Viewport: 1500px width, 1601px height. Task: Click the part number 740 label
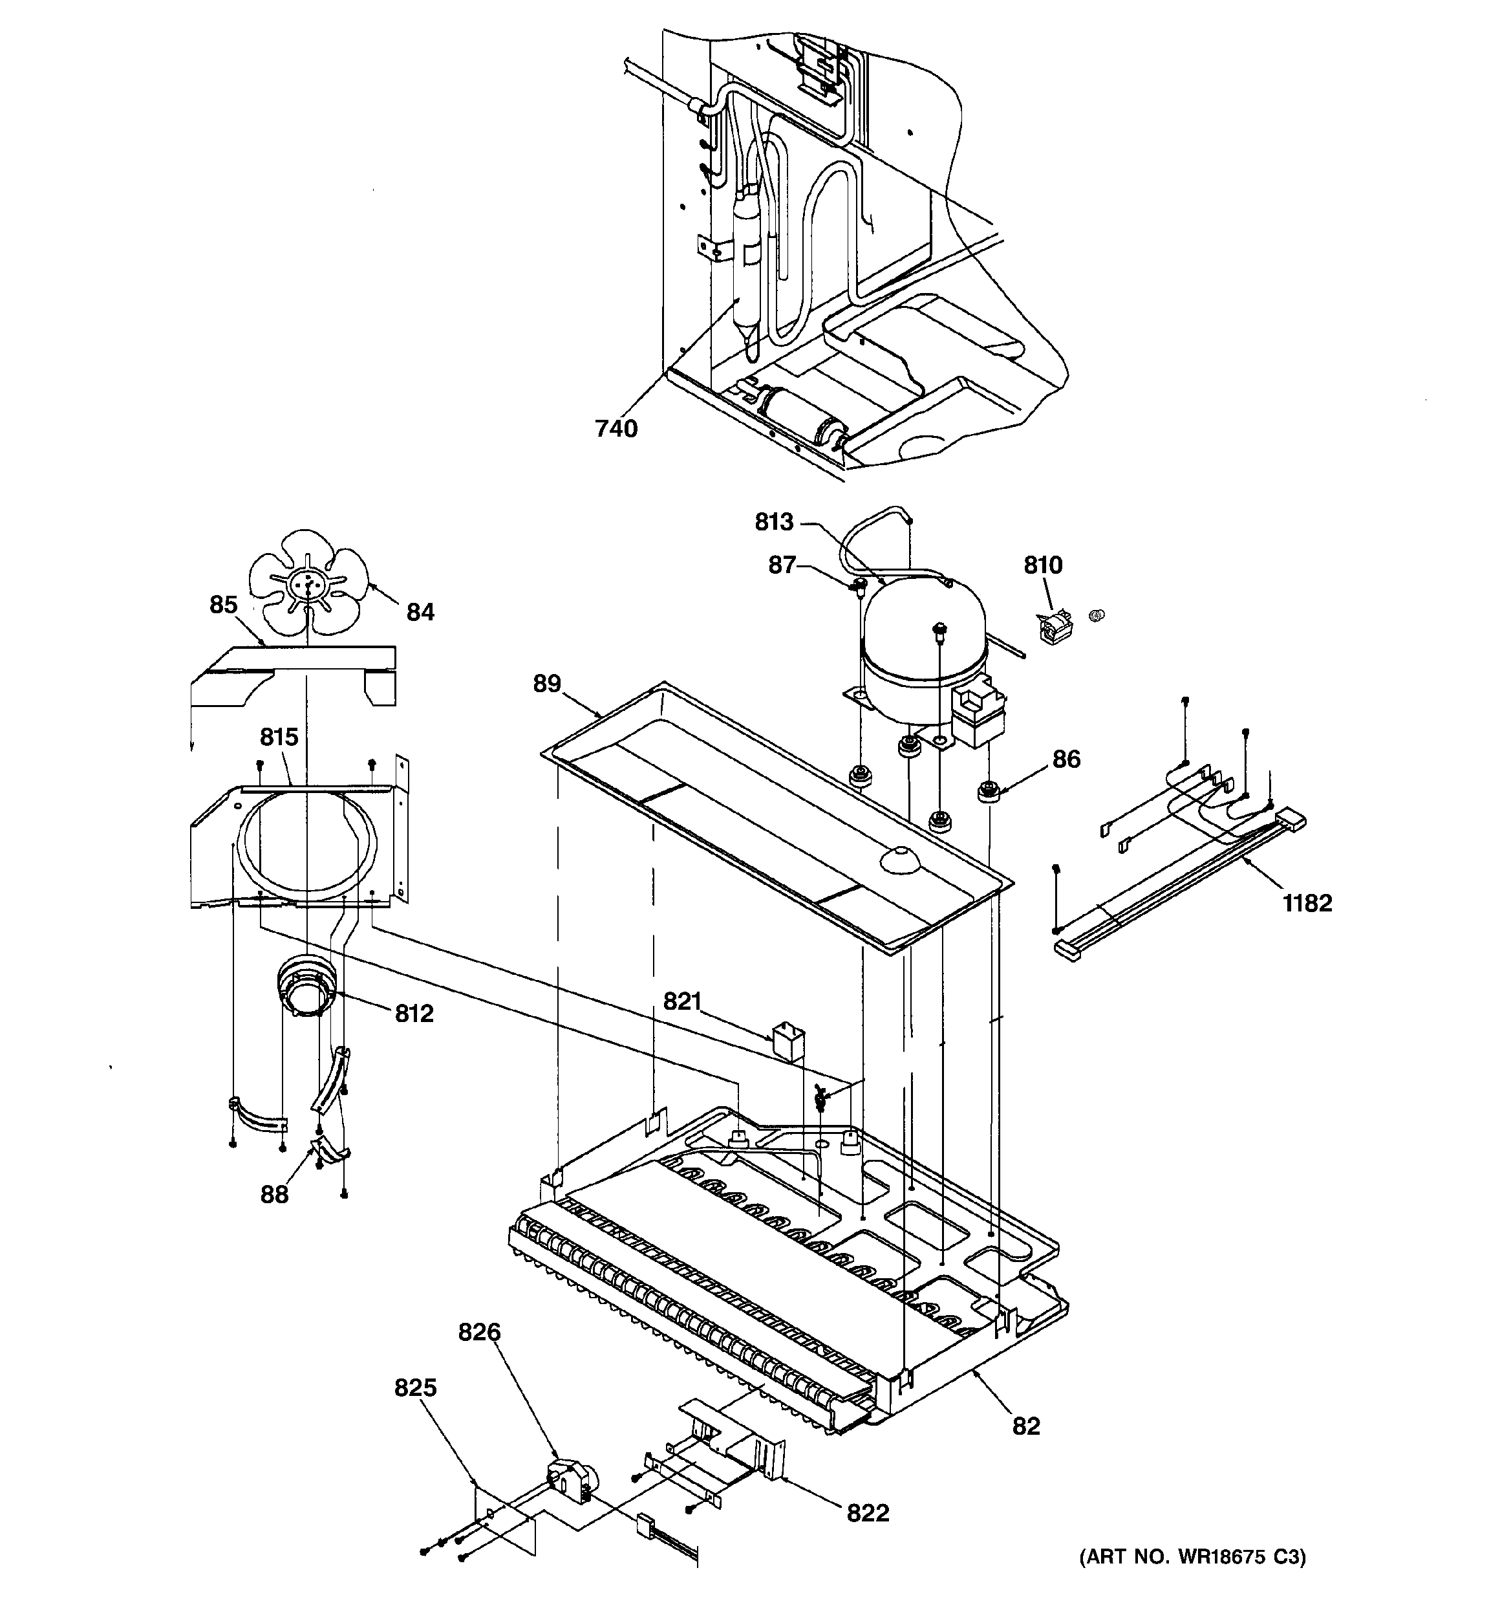(616, 430)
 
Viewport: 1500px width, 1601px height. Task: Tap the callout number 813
(774, 522)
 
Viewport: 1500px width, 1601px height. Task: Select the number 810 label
(1043, 565)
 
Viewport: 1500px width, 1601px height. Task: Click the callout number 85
(223, 605)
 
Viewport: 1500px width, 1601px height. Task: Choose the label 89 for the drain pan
(547, 684)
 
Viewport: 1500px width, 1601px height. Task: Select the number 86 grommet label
(1066, 759)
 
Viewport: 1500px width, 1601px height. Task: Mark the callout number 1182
(1307, 903)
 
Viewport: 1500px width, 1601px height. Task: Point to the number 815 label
(279, 737)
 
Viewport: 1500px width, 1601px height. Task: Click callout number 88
(273, 1194)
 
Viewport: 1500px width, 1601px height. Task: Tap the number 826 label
(479, 1333)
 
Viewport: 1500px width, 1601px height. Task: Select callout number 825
(416, 1388)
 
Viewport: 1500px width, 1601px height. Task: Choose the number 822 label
(867, 1513)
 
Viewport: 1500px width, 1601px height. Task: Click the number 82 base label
(1026, 1426)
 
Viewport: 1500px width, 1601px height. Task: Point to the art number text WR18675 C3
(1192, 1580)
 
